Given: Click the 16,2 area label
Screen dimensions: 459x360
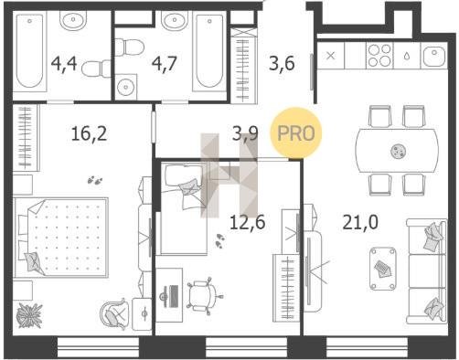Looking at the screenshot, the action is tap(89, 134).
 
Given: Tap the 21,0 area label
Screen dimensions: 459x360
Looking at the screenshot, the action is tap(360, 222).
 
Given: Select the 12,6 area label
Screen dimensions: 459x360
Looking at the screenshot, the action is tap(248, 222).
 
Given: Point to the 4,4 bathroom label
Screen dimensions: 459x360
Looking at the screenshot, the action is tap(64, 64).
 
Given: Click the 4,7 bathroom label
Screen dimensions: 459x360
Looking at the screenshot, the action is tap(165, 64).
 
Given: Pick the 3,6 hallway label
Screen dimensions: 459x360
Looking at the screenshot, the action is tap(282, 64).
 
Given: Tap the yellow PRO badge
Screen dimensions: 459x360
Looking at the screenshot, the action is tap(296, 133).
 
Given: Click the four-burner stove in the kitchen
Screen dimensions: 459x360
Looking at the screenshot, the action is tap(379, 56).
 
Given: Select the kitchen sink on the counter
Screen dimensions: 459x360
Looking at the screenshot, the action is tap(434, 56).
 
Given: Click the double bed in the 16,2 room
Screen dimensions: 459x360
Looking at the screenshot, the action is tap(61, 238).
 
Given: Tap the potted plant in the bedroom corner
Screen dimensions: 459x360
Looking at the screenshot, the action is tap(29, 315).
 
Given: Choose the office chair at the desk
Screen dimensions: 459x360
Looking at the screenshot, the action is tap(204, 295).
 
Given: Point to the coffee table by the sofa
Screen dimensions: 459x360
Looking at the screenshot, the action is tap(383, 269).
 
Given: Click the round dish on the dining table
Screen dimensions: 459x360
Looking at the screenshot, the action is tap(398, 151).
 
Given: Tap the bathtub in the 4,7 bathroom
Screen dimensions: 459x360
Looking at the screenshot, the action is tap(208, 52).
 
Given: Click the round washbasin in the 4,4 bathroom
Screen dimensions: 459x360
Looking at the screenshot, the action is tap(73, 20).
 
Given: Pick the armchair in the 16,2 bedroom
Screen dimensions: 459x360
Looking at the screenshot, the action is tap(113, 313).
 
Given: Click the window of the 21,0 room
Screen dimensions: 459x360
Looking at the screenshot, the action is tap(367, 346).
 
